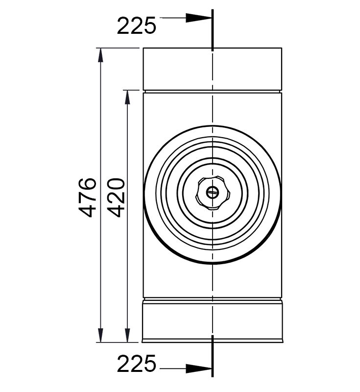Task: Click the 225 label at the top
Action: pos(136,25)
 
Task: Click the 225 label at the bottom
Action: pos(136,363)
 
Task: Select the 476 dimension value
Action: pos(88,197)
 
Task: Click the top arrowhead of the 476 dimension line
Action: pos(100,55)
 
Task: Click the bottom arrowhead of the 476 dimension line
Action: pos(100,335)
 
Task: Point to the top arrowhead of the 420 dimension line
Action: pos(127,97)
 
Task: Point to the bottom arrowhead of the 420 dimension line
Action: pos(127,335)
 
